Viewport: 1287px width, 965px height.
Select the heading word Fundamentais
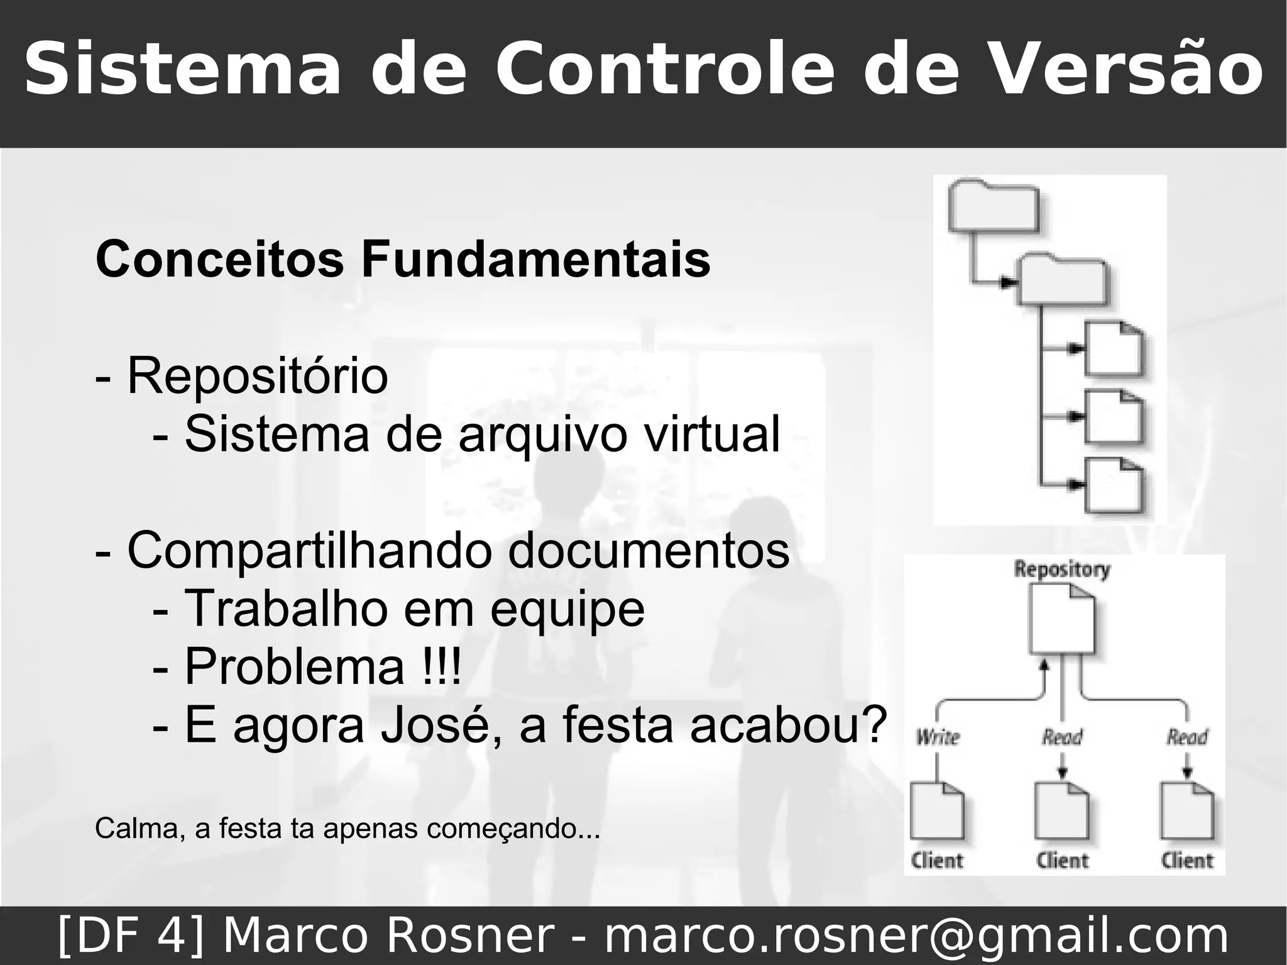click(535, 259)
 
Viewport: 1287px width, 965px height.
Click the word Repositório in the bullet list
click(258, 376)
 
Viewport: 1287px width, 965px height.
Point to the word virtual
click(703, 434)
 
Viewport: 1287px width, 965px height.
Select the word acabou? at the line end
click(788, 724)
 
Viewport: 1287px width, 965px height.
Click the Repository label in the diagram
click(1062, 570)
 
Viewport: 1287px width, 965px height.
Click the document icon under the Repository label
click(1062, 619)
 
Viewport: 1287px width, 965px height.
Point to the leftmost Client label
click(937, 860)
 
